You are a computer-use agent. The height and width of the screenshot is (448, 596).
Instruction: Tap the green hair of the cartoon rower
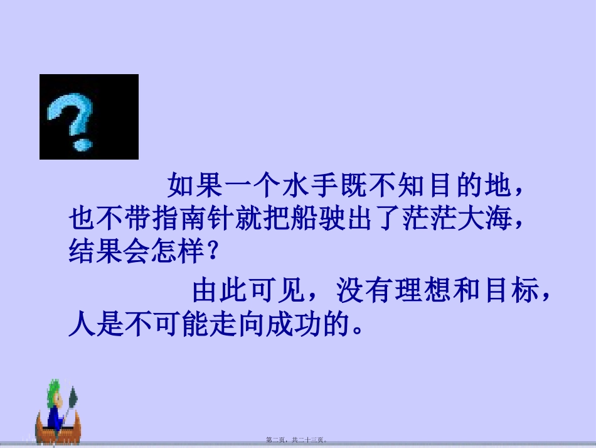pyautogui.click(x=53, y=391)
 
